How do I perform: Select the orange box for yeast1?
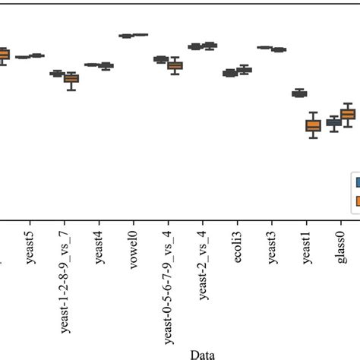coord(313,126)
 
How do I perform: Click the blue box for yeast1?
coord(299,93)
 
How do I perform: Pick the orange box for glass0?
coord(348,114)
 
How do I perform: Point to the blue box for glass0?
coord(333,122)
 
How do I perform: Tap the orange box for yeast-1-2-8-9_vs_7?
coord(71,78)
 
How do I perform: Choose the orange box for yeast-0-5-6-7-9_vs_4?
coord(175,65)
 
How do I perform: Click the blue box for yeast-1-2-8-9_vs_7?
coord(57,74)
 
